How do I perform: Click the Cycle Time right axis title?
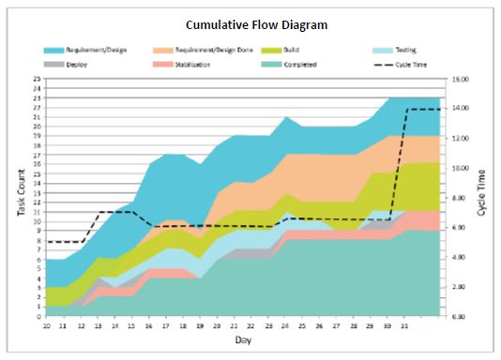(481, 192)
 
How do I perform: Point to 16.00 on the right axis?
(458, 80)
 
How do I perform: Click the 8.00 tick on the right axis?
(458, 198)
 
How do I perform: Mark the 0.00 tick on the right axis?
(458, 317)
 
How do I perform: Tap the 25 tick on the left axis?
(37, 80)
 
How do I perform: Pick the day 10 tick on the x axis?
(46, 325)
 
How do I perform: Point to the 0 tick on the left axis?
(38, 317)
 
